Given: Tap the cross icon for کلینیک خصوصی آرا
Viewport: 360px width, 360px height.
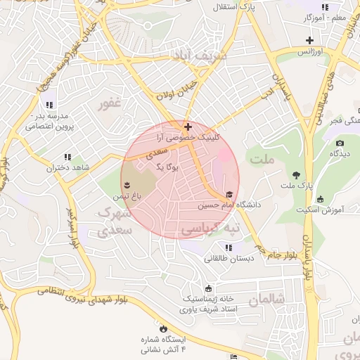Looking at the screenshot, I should click(187, 127).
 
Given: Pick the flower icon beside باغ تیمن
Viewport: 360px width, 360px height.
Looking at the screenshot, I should click(127, 184).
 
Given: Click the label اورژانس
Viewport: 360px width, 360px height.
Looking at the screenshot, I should click(309, 52).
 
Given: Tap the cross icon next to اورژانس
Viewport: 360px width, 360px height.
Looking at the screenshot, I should click(309, 40).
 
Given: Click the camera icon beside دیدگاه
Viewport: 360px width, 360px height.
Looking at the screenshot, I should click(340, 143).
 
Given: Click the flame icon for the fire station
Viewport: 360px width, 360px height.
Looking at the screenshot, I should click(164, 328).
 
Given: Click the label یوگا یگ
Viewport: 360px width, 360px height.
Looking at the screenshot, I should click(168, 167).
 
